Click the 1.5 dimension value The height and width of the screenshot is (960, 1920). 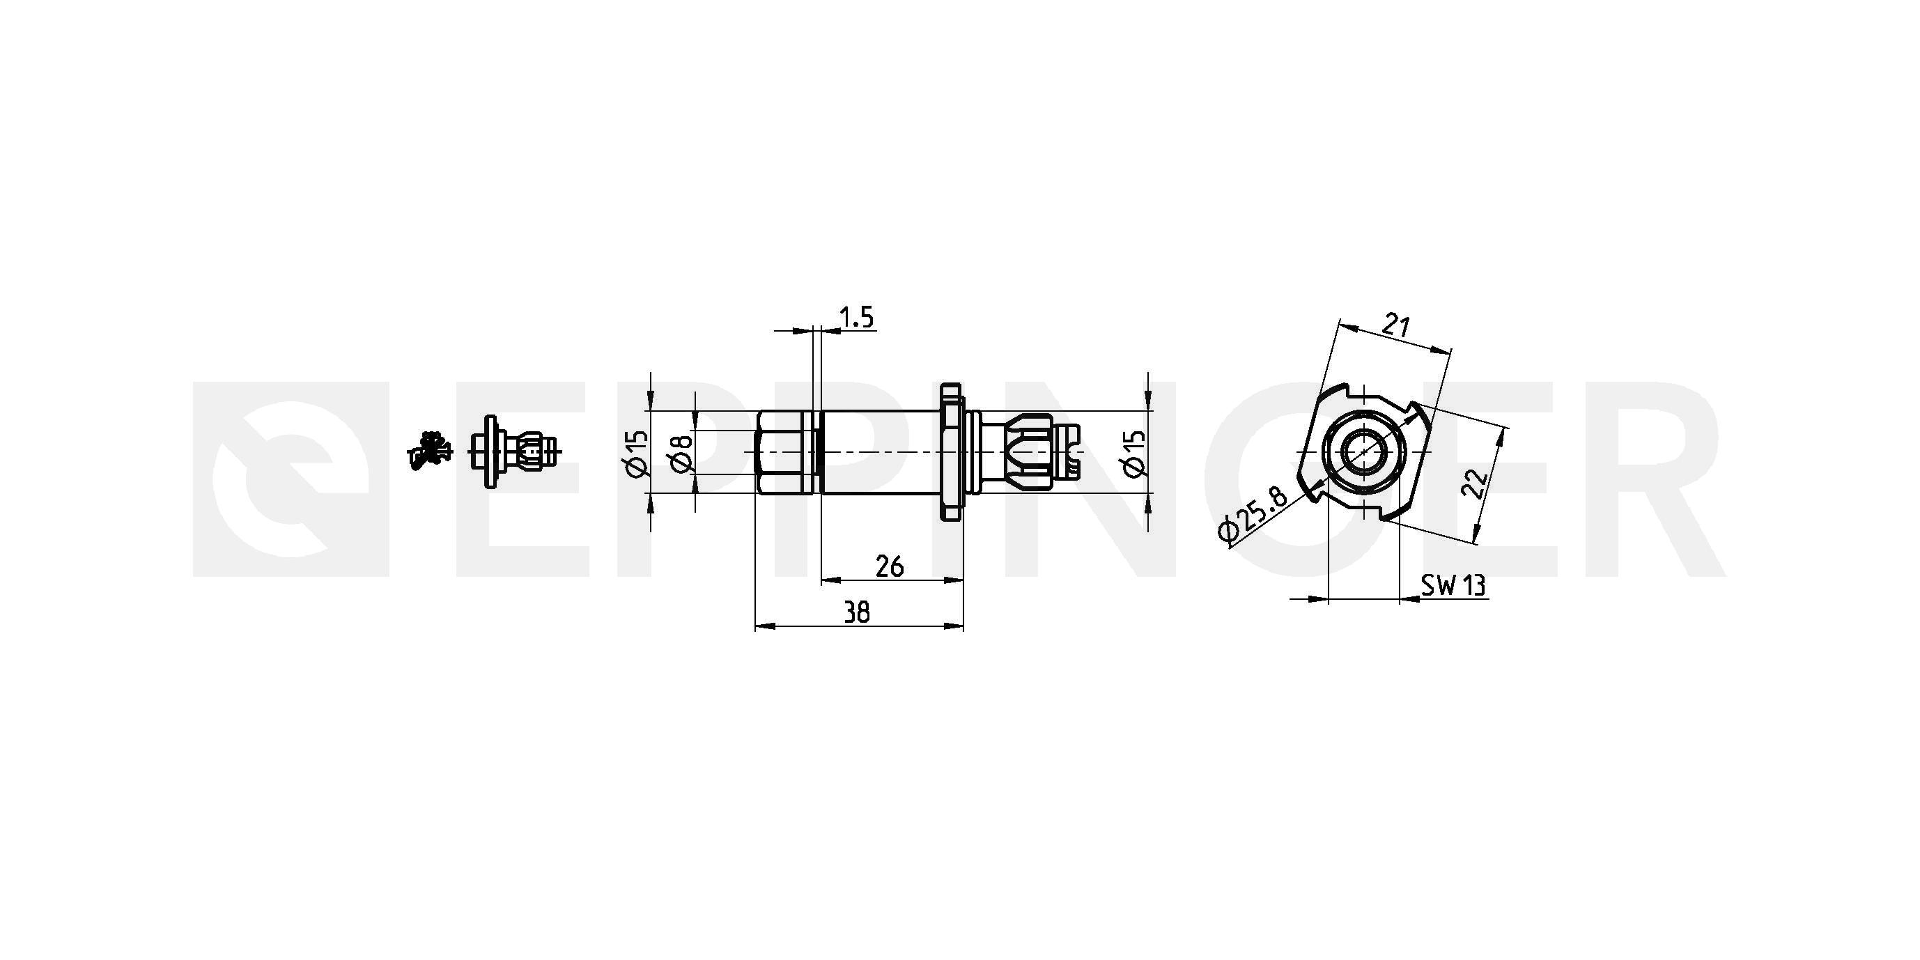pyautogui.click(x=856, y=318)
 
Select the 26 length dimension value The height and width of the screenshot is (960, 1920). pyautogui.click(x=889, y=567)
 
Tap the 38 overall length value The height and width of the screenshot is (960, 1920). pyautogui.click(x=857, y=612)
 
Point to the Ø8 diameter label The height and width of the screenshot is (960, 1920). pyautogui.click(x=682, y=452)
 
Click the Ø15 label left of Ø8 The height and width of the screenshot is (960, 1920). pyautogui.click(x=638, y=452)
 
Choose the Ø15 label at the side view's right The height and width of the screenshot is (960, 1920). pyautogui.click(x=1133, y=452)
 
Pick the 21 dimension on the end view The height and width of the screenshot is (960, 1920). pyautogui.click(x=1396, y=326)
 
